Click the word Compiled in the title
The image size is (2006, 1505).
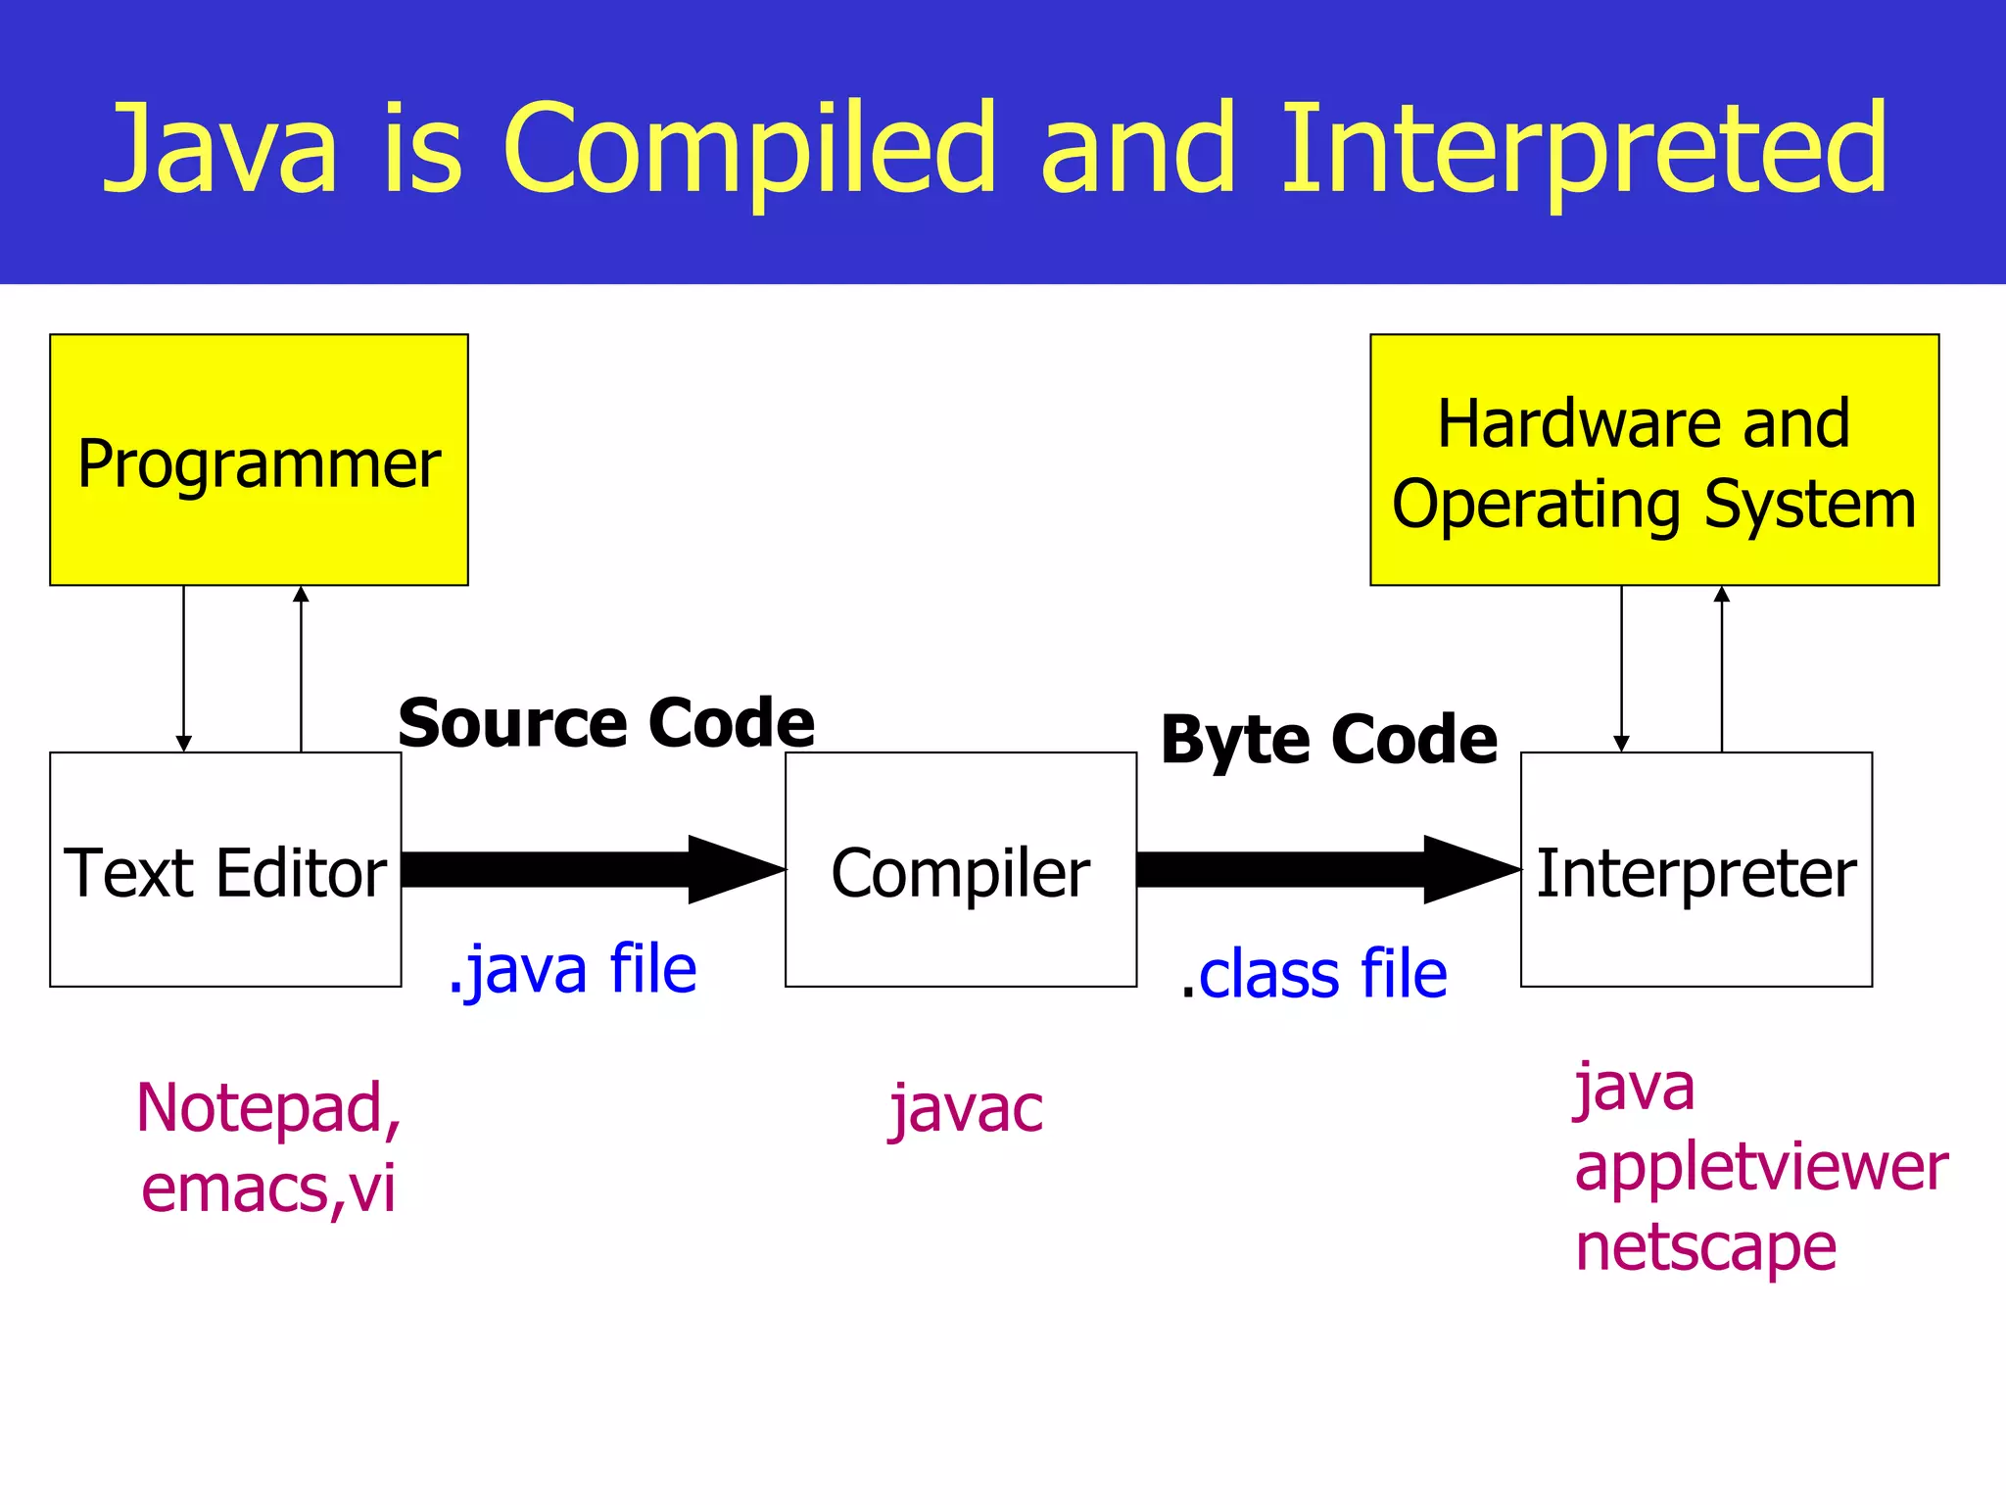pyautogui.click(x=749, y=149)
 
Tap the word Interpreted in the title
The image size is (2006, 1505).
pyautogui.click(x=1583, y=149)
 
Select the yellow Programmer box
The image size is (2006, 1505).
pyautogui.click(x=259, y=461)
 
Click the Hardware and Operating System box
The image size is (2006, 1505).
pyautogui.click(x=1653, y=461)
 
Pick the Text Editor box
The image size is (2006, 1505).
pyautogui.click(x=225, y=870)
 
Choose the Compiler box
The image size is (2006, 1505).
pyautogui.click(x=960, y=870)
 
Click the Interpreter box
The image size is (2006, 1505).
pyautogui.click(x=1696, y=870)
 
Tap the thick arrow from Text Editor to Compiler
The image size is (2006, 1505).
pyautogui.click(x=588, y=869)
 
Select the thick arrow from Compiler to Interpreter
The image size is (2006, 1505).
pyautogui.click(x=1322, y=869)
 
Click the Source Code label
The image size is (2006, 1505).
pyautogui.click(x=606, y=723)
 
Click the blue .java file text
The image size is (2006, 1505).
pyautogui.click(x=573, y=969)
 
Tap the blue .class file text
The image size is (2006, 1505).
pyautogui.click(x=1314, y=975)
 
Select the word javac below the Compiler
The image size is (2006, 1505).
pyautogui.click(x=966, y=1109)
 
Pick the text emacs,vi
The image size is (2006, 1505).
pyautogui.click(x=267, y=1189)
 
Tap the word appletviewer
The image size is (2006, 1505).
pyautogui.click(x=1760, y=1167)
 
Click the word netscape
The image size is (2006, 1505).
pyautogui.click(x=1704, y=1247)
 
